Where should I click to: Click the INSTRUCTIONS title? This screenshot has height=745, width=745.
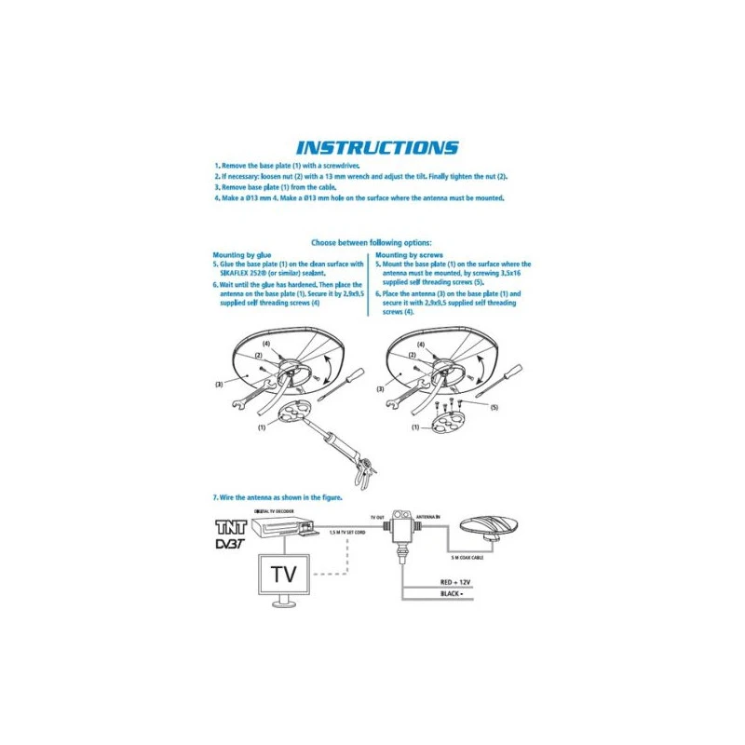[376, 147]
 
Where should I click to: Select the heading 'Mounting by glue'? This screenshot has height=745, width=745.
[242, 253]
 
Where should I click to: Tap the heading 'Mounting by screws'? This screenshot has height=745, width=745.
[409, 253]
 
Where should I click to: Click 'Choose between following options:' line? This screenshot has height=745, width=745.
[372, 242]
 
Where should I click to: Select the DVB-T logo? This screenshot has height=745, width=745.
[227, 542]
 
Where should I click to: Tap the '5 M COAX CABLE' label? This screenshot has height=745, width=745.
[467, 557]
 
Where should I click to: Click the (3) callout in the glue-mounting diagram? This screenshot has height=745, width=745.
[218, 384]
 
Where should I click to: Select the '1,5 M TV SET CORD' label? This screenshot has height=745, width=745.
[345, 533]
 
